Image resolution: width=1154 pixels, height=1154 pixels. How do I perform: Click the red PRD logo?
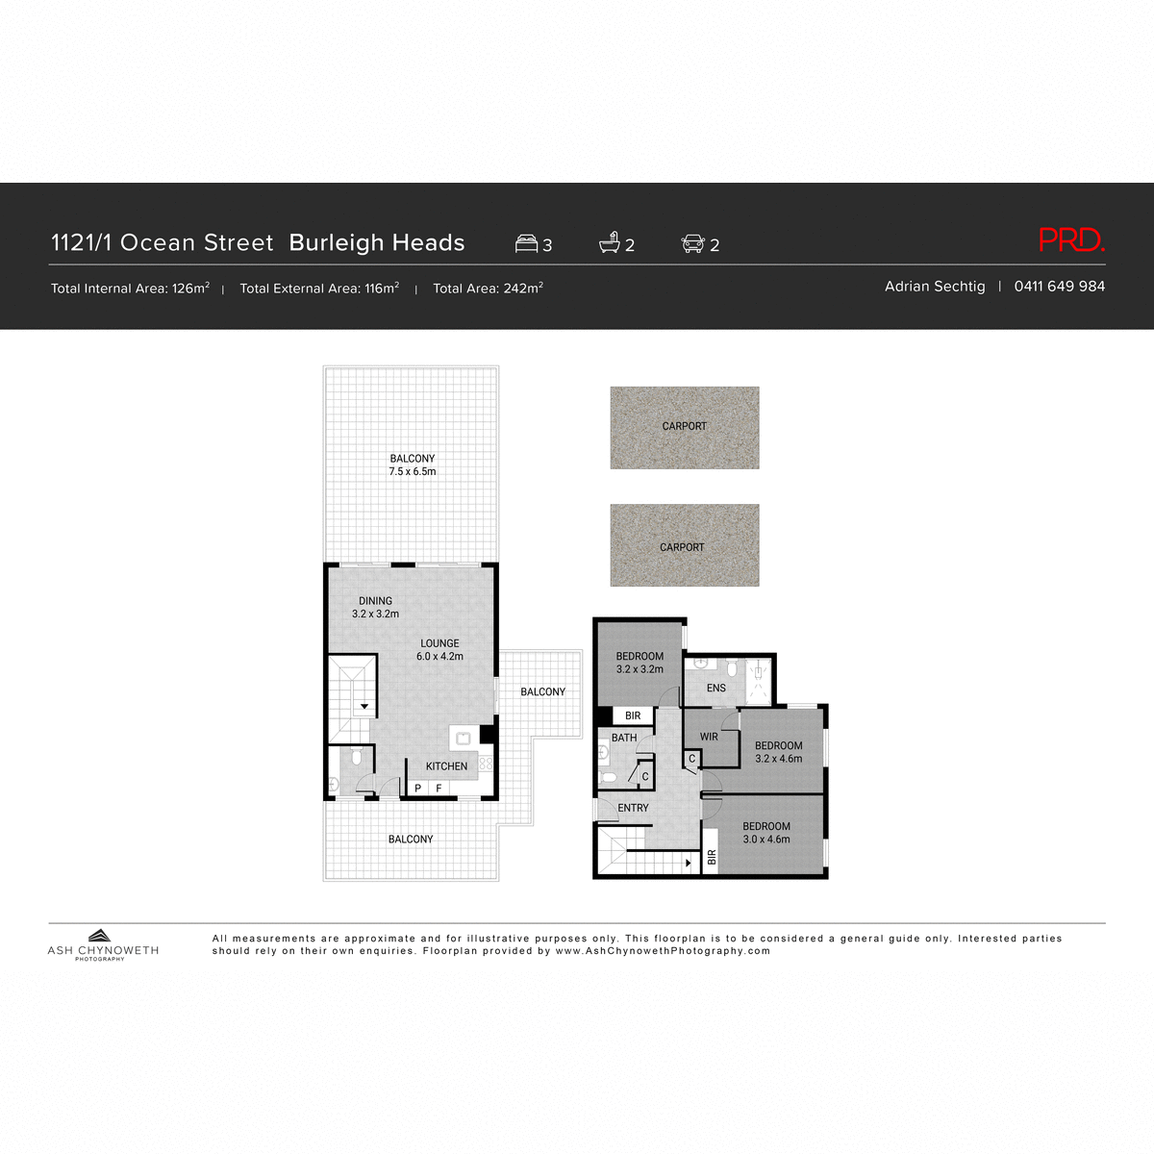(x=1071, y=240)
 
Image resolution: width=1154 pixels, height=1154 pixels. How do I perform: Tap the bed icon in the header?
(x=526, y=243)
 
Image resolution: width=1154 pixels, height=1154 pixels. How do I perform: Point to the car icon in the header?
(x=692, y=243)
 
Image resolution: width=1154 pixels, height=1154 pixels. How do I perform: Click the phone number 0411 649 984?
(x=1059, y=287)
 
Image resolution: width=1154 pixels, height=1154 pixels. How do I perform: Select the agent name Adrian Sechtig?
(x=935, y=287)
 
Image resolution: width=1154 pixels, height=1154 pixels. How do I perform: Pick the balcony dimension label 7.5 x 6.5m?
(x=413, y=472)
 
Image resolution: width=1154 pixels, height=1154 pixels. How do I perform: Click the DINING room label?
(x=375, y=601)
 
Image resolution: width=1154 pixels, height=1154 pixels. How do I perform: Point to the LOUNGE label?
(x=439, y=643)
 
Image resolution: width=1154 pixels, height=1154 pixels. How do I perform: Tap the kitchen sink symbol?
(x=463, y=738)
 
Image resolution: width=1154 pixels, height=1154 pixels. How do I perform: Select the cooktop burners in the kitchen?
(x=487, y=764)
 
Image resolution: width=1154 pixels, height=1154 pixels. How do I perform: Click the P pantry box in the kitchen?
(x=417, y=789)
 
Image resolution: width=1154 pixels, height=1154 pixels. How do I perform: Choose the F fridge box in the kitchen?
(x=439, y=789)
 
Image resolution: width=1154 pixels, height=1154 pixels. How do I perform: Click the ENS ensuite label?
(x=716, y=689)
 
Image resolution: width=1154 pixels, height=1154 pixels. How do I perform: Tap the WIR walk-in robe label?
(x=709, y=738)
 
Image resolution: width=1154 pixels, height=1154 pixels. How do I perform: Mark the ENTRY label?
(x=633, y=808)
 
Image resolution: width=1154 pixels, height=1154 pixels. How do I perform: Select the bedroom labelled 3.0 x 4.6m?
(x=766, y=833)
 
